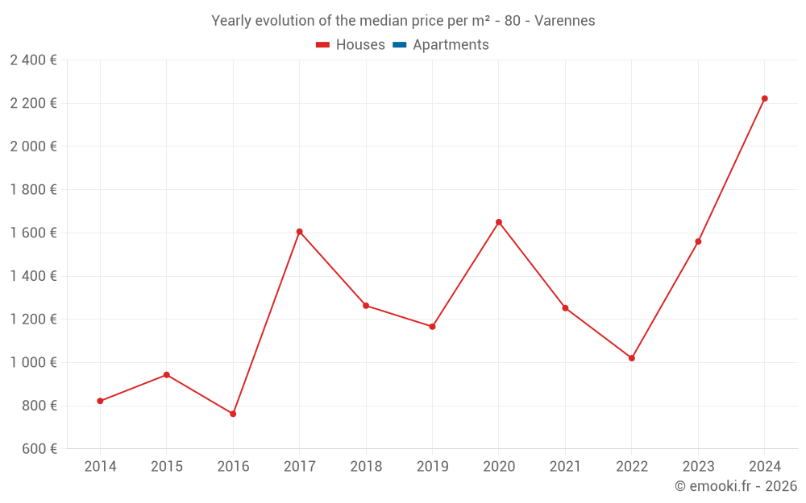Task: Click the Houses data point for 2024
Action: click(764, 99)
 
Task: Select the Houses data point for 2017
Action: click(299, 232)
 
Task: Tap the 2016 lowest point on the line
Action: click(233, 414)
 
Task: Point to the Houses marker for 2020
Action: click(499, 222)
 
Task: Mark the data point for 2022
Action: click(632, 358)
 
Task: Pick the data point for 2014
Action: click(100, 401)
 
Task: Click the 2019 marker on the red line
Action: click(432, 327)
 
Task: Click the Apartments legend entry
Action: click(451, 45)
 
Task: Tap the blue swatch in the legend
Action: click(399, 45)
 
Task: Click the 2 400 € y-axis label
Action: click(33, 60)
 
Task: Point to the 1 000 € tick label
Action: click(33, 362)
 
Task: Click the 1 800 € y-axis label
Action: click(33, 189)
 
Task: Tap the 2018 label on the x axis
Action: click(366, 467)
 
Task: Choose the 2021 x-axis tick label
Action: click(565, 467)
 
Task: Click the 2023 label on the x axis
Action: click(698, 467)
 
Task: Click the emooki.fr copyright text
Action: click(736, 486)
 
